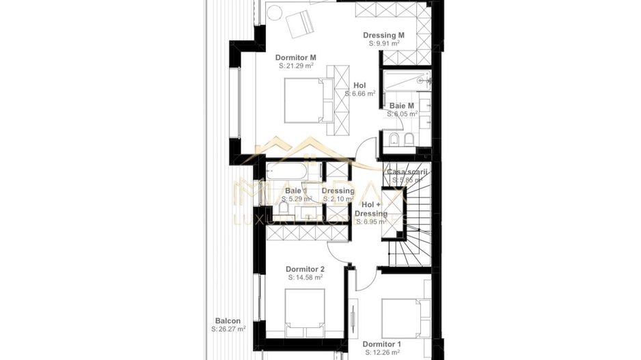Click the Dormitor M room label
click(296, 57)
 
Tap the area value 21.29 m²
click(296, 66)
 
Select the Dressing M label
click(383, 35)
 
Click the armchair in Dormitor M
click(299, 25)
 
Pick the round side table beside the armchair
click(275, 12)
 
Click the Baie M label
click(402, 106)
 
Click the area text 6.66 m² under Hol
click(359, 94)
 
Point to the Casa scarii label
click(407, 172)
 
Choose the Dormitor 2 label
click(305, 269)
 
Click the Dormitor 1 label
click(382, 344)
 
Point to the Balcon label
click(228, 320)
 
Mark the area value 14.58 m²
click(305, 278)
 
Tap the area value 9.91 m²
click(384, 43)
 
